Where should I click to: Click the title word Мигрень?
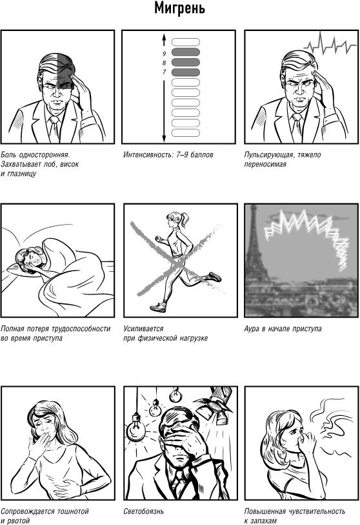[x=179, y=9]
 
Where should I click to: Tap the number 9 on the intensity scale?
[x=164, y=53]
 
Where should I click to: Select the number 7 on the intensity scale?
[x=164, y=72]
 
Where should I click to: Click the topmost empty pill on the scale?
[x=186, y=42]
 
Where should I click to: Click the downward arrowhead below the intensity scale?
[x=164, y=138]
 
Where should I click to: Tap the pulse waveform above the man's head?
[x=330, y=44]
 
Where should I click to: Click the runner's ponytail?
[x=185, y=220]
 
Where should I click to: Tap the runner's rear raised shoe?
[x=214, y=276]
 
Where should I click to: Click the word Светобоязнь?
[x=144, y=511]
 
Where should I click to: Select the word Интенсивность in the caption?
[x=148, y=155]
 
